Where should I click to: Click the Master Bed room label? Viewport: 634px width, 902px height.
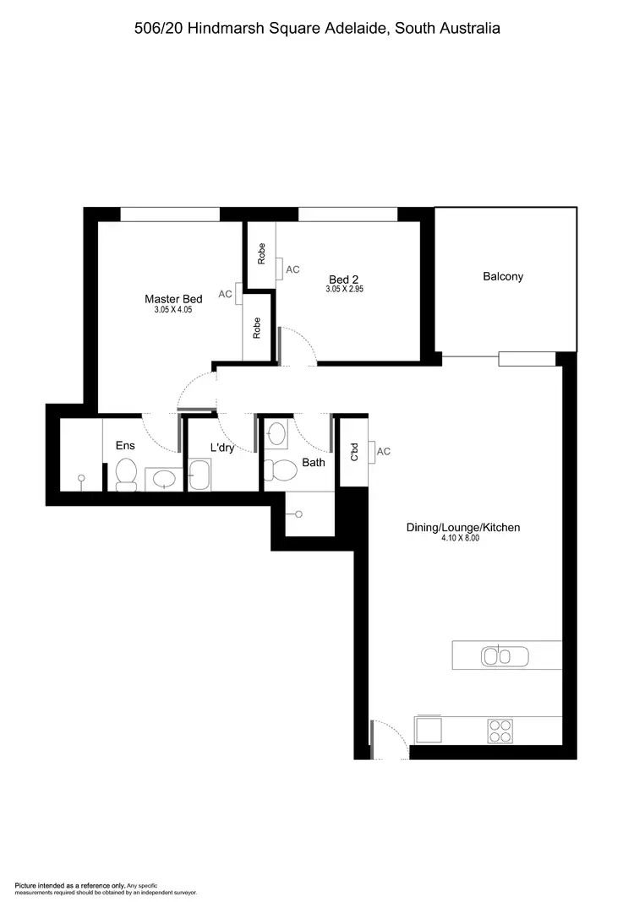coord(173,299)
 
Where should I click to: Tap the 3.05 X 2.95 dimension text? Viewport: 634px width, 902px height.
coord(344,289)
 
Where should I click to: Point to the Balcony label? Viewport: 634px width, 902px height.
coord(503,276)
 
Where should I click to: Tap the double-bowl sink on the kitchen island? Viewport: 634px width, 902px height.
coord(504,655)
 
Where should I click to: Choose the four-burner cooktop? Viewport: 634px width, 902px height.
coord(500,730)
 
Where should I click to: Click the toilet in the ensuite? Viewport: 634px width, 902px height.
coord(127,474)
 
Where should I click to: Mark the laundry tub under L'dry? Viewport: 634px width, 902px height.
coord(200,475)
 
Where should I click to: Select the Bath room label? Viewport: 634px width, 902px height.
coord(314,463)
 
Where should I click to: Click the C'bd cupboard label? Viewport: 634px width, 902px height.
coord(354,454)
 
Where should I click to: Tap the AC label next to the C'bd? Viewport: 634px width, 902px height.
coord(383,452)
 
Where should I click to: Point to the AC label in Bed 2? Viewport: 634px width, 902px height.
coord(292,269)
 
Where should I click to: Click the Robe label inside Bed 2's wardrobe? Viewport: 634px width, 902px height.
coord(261,253)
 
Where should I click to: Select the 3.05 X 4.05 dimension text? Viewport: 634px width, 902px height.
coord(173,310)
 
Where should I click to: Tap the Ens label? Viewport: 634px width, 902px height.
coord(125,446)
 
